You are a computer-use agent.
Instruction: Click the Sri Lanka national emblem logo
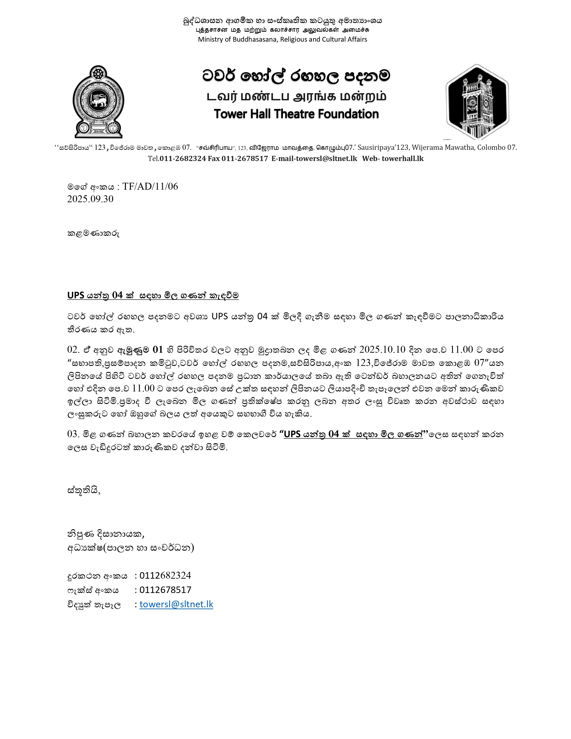[99, 101]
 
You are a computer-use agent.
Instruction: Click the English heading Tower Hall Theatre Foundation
[296, 114]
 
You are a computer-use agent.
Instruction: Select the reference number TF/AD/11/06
[150, 187]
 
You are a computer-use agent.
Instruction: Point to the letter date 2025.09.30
[90, 199]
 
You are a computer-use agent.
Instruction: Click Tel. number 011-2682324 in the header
[183, 158]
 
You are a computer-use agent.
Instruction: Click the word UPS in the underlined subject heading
[76, 295]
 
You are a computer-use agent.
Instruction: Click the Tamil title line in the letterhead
[296, 97]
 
